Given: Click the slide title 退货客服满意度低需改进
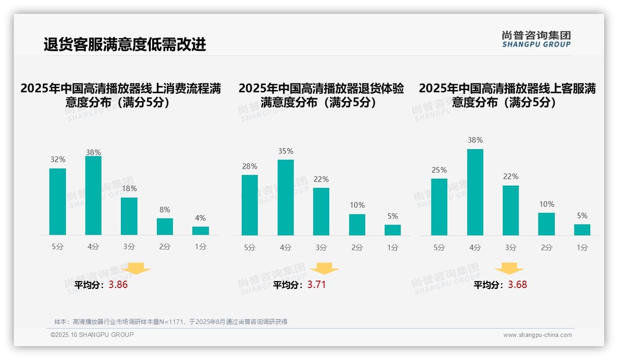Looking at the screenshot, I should click(x=125, y=45).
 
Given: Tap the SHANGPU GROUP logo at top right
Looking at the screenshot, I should click(x=536, y=39).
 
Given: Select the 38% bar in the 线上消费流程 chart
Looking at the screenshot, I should click(x=93, y=196).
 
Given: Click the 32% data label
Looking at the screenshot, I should click(x=58, y=160).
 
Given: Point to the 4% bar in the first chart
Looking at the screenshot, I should click(x=201, y=231).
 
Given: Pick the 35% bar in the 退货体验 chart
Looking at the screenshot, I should click(x=285, y=198).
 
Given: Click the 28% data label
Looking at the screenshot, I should click(x=250, y=167).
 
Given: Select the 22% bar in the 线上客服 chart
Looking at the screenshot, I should click(x=511, y=210).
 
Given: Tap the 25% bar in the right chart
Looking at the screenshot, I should click(x=439, y=207).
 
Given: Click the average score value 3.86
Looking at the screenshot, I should click(x=118, y=285).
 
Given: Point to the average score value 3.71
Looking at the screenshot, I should click(x=316, y=285).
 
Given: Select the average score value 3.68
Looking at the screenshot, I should click(x=517, y=285).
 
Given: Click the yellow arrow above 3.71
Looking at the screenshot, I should click(x=324, y=269).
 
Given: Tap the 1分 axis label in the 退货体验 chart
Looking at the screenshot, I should click(x=392, y=248).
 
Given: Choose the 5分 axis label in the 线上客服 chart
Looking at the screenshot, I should click(x=439, y=248).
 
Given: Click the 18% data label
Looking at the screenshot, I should click(x=129, y=189).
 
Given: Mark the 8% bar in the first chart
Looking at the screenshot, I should click(x=165, y=227).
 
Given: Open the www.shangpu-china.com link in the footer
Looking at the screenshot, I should click(x=537, y=335).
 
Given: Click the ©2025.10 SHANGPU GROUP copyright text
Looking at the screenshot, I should click(x=92, y=335).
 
